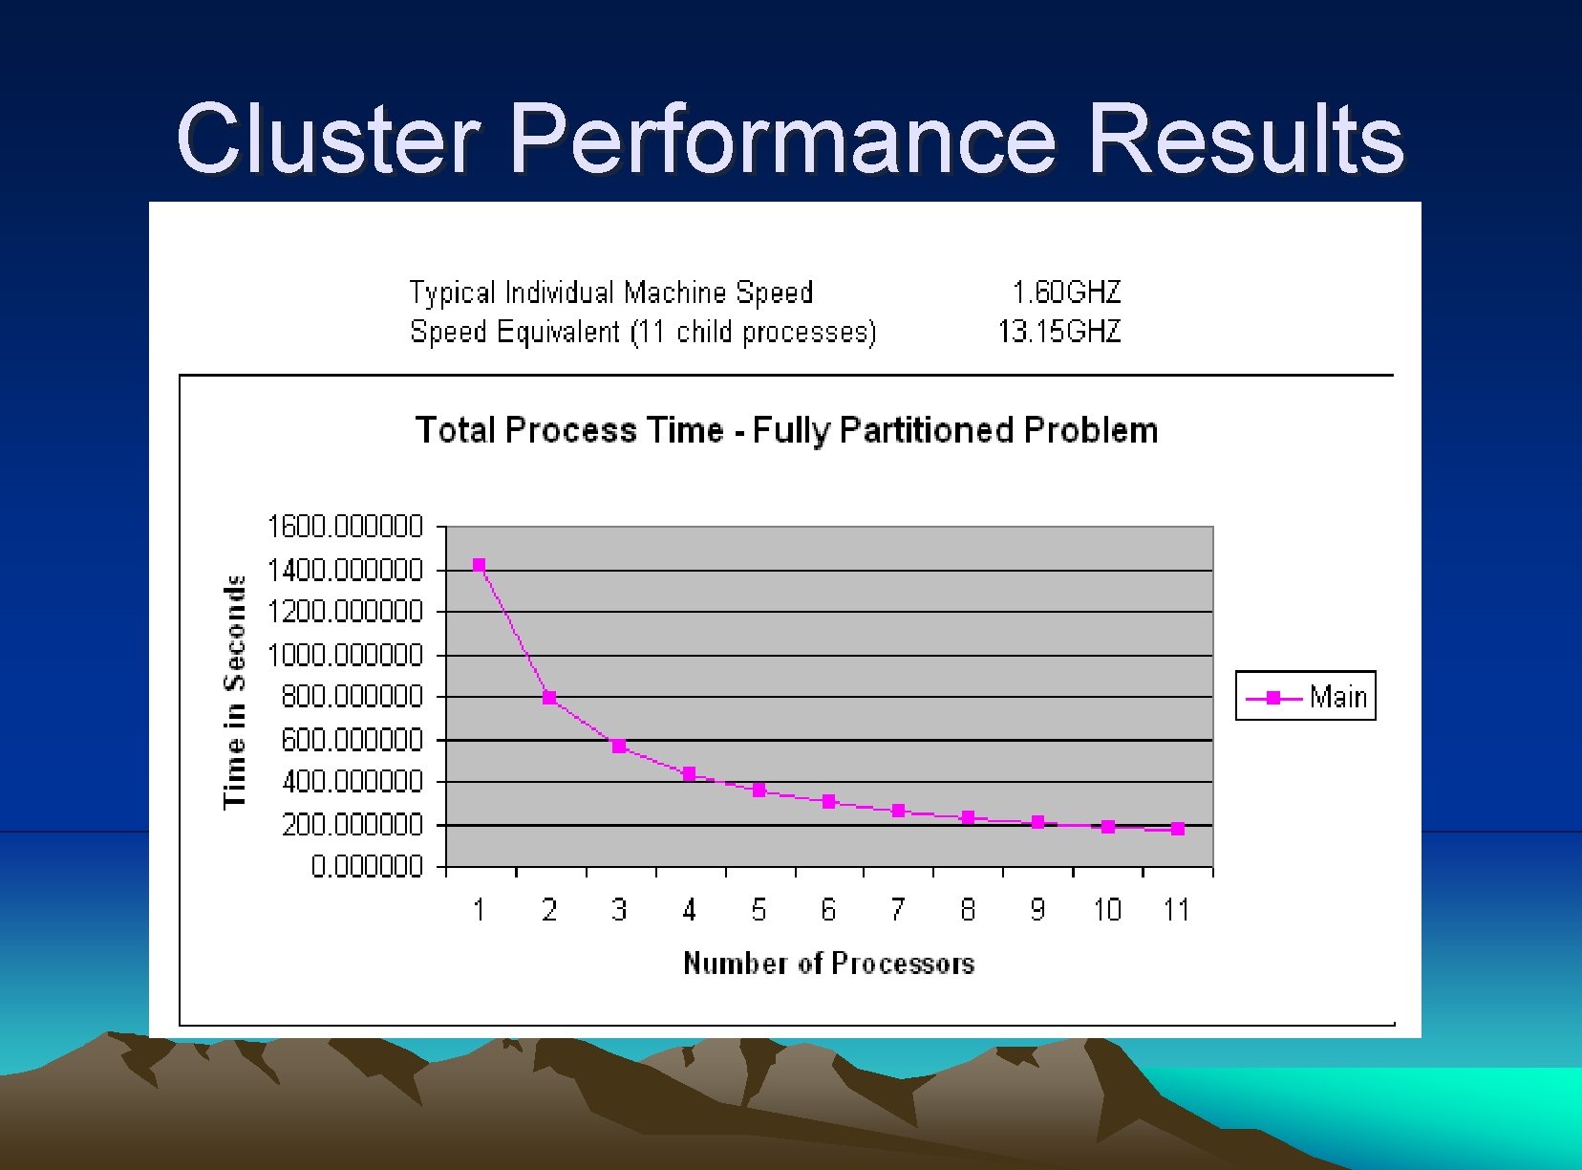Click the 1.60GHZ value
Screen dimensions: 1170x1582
pos(1066,292)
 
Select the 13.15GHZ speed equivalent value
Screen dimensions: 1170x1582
pos(1058,332)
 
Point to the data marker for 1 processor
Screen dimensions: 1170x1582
pos(480,565)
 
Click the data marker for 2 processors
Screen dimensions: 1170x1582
pos(549,698)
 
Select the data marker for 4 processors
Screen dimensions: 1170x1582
pos(689,773)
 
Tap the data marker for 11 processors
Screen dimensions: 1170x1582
pos(1178,829)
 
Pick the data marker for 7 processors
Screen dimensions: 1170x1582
pos(898,811)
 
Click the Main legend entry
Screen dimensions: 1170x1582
pos(1306,696)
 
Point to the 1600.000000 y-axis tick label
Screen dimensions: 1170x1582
pos(345,527)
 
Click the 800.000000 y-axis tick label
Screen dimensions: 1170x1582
pos(351,697)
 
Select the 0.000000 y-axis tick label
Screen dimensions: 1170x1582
pos(367,866)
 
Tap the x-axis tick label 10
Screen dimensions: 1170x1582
pos(1107,909)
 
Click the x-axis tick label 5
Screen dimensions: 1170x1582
pos(759,909)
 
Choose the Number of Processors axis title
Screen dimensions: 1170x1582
pos(828,963)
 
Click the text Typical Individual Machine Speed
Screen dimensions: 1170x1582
pos(611,292)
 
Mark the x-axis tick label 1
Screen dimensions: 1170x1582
pos(480,909)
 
